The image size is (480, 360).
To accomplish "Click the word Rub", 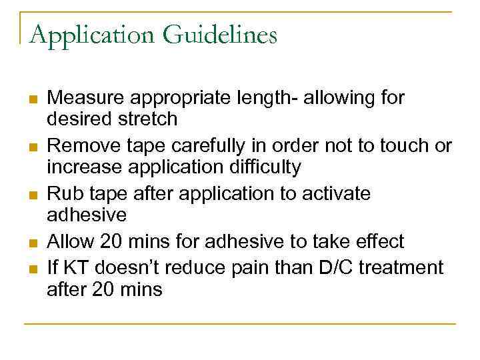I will point(63,193).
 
